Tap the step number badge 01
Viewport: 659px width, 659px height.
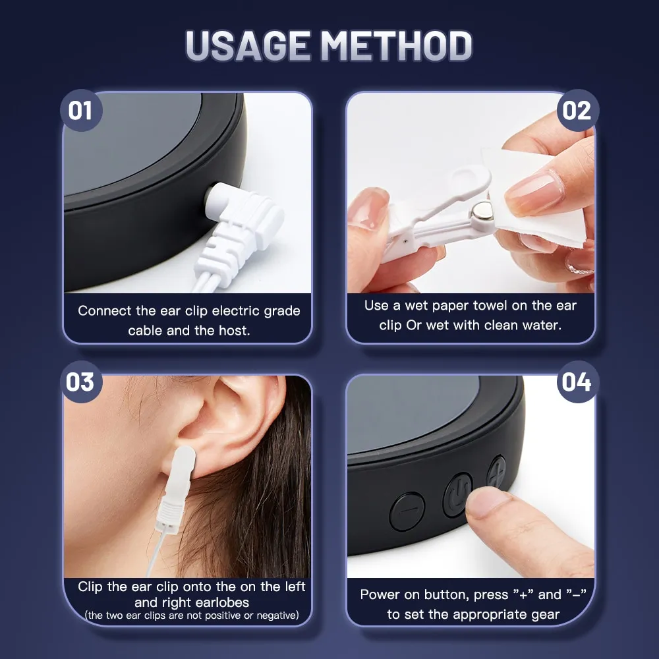click(81, 110)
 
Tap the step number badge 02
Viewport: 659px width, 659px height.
click(577, 110)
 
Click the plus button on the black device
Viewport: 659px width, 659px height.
click(496, 472)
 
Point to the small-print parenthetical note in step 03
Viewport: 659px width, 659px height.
click(192, 616)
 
